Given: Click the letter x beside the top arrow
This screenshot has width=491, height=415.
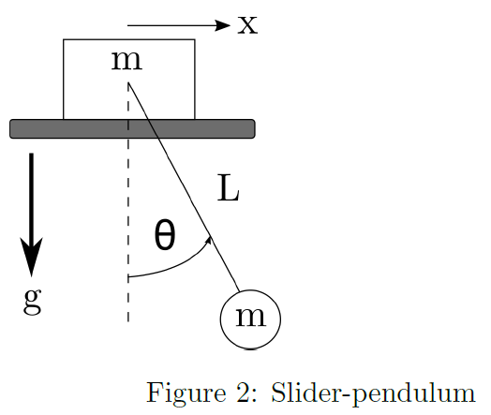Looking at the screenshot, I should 246,23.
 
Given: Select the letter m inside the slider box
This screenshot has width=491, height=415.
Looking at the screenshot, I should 126,61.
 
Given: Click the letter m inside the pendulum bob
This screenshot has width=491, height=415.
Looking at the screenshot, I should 250,317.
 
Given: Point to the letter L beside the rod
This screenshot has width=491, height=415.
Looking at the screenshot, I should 229,190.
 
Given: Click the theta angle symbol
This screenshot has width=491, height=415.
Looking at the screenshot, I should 165,237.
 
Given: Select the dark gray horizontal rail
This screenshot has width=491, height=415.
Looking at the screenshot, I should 132,128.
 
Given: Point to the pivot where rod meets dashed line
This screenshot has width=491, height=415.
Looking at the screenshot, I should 128,83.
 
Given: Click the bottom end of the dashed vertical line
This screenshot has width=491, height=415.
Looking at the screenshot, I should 128,321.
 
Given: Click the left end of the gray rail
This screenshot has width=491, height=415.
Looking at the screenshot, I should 13,128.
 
